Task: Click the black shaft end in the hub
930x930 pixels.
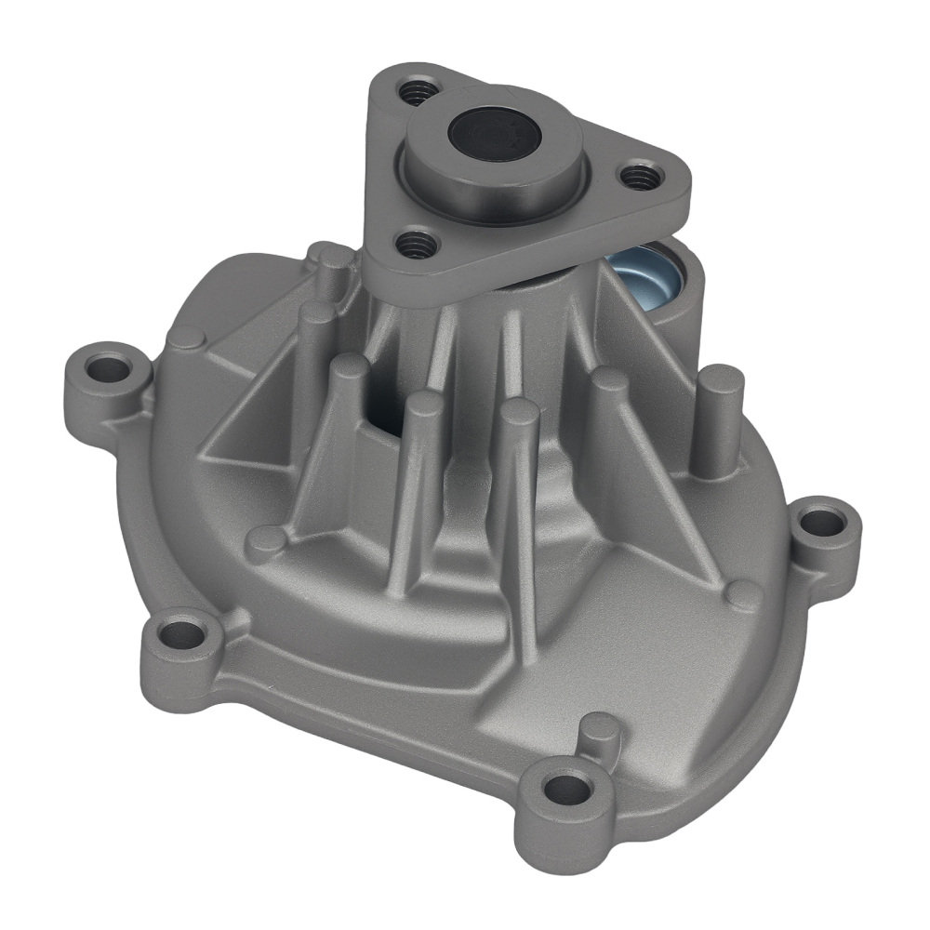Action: click(494, 133)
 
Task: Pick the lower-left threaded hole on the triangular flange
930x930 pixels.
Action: click(417, 245)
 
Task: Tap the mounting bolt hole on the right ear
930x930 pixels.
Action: click(823, 523)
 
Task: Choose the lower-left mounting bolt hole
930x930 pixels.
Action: click(181, 636)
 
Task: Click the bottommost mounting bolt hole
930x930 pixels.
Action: click(566, 790)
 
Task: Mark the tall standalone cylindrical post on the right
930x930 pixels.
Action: click(721, 418)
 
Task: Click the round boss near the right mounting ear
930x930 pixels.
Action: click(743, 595)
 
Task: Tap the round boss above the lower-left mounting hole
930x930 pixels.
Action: click(266, 539)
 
